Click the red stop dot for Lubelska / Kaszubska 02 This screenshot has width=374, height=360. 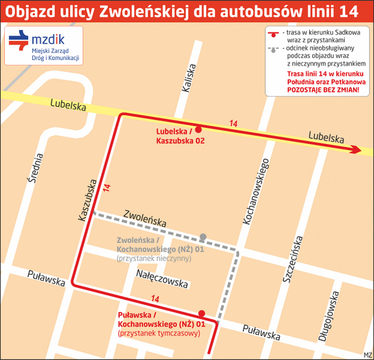[x=198, y=130]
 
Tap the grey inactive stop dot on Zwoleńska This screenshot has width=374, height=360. [x=203, y=237]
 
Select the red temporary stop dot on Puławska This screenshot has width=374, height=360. [x=202, y=313]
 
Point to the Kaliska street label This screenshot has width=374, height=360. [x=189, y=78]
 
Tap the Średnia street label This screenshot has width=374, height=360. [x=35, y=168]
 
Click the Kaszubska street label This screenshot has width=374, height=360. [x=88, y=200]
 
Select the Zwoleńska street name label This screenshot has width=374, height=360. [x=145, y=218]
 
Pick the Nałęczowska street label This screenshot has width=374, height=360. [x=162, y=279]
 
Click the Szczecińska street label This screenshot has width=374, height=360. [x=293, y=259]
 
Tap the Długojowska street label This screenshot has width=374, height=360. [x=328, y=316]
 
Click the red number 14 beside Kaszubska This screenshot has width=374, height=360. [x=107, y=188]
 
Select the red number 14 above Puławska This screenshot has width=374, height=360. [x=155, y=299]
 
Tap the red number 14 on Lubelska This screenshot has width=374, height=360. [x=233, y=124]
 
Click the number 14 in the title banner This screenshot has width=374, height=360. [x=348, y=11]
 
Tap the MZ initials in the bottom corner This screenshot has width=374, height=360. [x=368, y=355]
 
